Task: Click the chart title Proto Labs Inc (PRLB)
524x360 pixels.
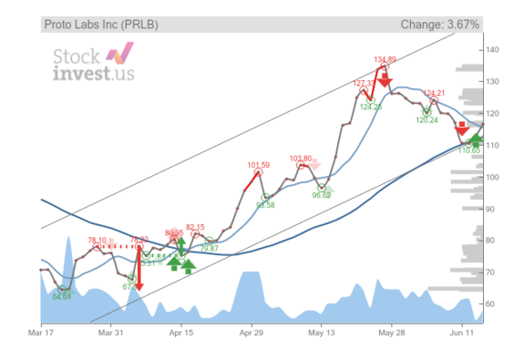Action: click(x=101, y=25)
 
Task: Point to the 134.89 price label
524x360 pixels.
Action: click(x=385, y=60)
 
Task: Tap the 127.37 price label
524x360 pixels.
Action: click(x=364, y=83)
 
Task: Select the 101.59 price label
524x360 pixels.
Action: click(x=259, y=165)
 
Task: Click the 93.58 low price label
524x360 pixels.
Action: click(x=265, y=205)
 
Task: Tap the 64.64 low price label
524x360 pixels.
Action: click(x=62, y=296)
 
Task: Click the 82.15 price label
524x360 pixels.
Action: click(x=196, y=227)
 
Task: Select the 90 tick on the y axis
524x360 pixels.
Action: click(x=493, y=209)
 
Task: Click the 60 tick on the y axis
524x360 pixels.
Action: click(x=493, y=303)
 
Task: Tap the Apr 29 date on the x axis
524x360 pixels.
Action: click(x=251, y=334)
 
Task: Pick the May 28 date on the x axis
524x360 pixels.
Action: click(x=392, y=334)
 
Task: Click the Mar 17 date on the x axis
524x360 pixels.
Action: click(x=40, y=334)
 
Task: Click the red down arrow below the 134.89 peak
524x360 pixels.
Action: click(x=385, y=80)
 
